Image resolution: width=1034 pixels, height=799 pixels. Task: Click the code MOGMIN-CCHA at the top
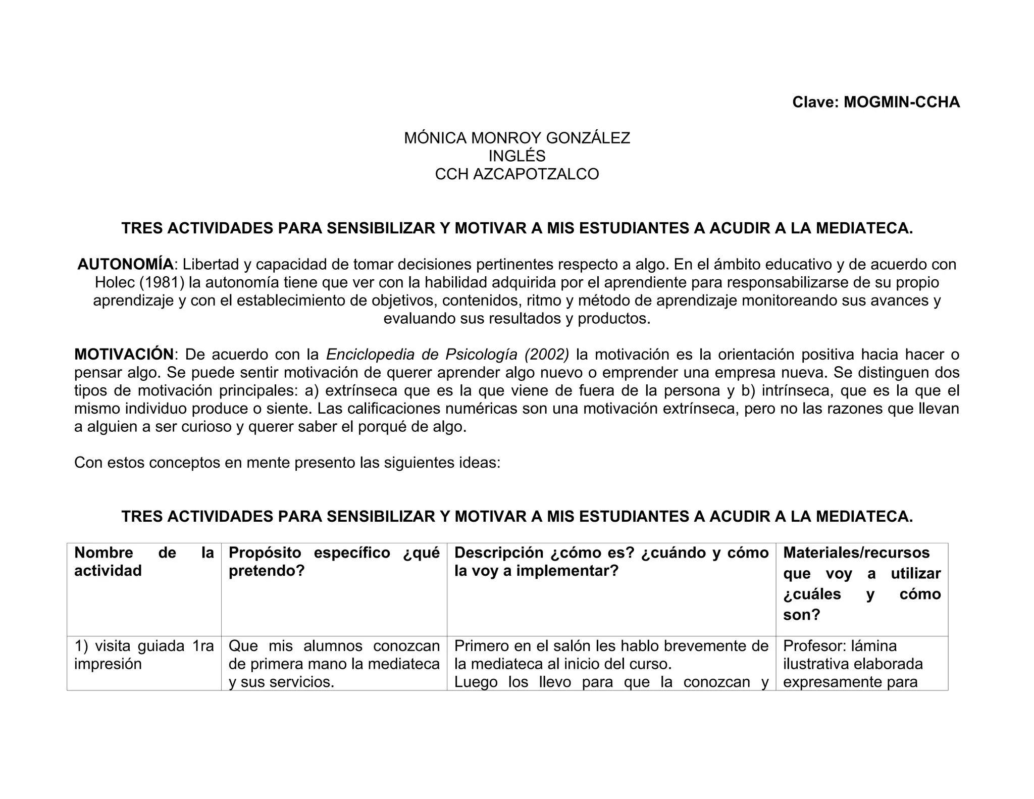click(x=902, y=102)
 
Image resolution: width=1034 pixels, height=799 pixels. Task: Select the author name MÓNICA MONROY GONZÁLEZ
click(x=517, y=138)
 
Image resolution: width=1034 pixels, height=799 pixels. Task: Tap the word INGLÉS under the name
click(x=517, y=156)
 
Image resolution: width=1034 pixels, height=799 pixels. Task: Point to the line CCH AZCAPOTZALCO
click(x=517, y=174)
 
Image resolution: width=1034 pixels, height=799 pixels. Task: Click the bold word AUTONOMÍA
click(x=125, y=264)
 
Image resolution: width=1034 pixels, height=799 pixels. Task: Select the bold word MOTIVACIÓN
click(x=124, y=355)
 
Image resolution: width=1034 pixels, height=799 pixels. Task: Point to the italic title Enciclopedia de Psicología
click(x=422, y=355)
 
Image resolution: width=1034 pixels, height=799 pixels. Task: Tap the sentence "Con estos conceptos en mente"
click(x=287, y=463)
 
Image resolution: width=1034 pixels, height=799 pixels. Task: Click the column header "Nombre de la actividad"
click(x=144, y=562)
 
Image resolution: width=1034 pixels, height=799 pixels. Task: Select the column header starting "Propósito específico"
click(x=334, y=562)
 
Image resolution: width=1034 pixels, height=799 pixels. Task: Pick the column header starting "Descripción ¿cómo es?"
click(x=611, y=562)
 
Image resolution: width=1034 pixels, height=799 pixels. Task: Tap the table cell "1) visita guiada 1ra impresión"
click(x=144, y=655)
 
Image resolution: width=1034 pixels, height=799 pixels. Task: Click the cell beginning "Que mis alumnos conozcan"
click(x=334, y=664)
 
